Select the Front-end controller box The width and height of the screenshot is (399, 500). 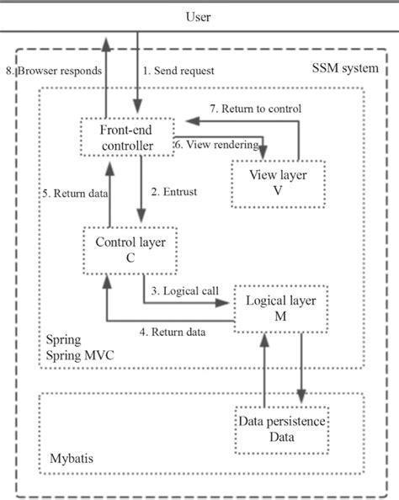coord(126,136)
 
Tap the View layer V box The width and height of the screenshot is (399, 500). coord(265,183)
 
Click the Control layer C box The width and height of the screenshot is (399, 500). coord(130,250)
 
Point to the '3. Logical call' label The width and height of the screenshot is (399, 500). coord(185,291)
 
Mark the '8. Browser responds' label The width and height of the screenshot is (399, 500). coord(56,71)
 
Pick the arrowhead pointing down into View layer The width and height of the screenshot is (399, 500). coord(264,155)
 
